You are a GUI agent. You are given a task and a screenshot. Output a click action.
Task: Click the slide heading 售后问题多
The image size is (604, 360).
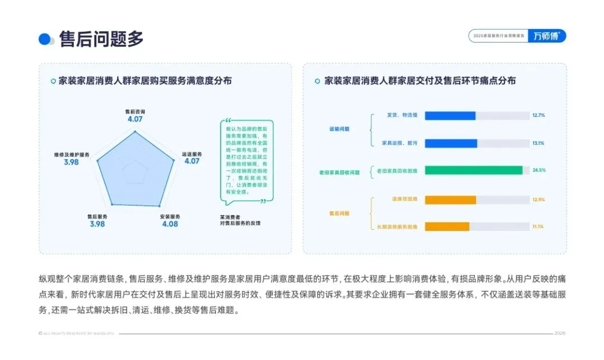point(101,39)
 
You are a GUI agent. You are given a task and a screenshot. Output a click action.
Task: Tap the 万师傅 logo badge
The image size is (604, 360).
point(546,36)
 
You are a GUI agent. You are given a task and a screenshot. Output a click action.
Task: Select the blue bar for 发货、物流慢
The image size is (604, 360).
point(450,116)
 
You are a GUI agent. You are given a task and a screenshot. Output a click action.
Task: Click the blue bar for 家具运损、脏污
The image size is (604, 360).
point(451,144)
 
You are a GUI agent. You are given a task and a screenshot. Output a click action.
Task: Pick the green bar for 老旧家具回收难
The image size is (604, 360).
point(473,170)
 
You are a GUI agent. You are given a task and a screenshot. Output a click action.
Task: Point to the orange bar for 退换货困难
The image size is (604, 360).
point(450,200)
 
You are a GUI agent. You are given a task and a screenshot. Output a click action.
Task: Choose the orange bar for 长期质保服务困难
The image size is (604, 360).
point(447,226)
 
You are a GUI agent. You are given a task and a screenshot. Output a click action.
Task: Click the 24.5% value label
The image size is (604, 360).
point(539,170)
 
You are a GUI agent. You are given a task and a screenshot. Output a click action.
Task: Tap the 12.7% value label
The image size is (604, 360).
point(539,116)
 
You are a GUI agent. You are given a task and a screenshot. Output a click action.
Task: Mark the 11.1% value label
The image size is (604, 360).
point(539,226)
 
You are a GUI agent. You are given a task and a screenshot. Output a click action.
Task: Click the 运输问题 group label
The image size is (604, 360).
point(339,129)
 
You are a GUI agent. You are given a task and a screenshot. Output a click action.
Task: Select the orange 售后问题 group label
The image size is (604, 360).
point(339,213)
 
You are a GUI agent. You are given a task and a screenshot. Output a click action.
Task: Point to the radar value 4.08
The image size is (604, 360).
point(170,224)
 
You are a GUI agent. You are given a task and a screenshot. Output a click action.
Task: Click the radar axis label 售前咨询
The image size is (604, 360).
point(135,112)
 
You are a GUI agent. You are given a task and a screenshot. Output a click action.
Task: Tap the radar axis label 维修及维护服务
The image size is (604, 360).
point(72,154)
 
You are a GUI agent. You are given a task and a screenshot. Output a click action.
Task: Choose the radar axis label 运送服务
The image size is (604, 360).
point(192,154)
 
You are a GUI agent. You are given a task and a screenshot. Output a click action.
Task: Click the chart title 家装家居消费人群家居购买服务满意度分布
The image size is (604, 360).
point(145,81)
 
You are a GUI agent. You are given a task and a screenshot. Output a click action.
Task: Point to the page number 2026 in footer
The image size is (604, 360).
point(560,333)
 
